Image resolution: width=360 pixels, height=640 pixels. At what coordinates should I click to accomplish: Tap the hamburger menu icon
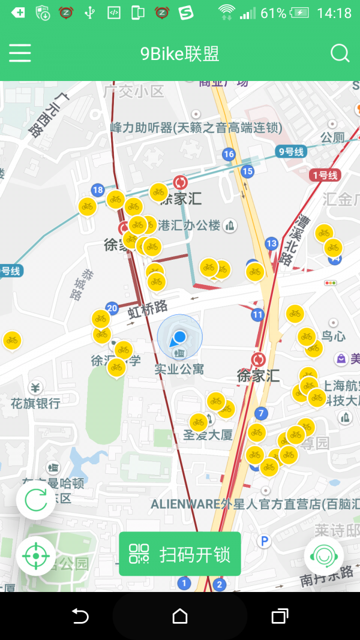pos(20,53)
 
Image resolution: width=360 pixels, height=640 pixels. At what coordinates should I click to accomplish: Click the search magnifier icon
pos(340,53)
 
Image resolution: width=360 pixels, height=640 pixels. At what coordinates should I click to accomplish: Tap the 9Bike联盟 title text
pos(179,53)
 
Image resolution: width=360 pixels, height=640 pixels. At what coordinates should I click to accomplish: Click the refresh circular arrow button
pos(36,500)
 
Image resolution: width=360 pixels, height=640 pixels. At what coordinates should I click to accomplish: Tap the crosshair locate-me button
pos(36,556)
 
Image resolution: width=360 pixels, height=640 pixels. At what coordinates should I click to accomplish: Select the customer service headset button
pos(324,556)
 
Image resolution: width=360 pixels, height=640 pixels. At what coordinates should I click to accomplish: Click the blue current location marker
pos(179,338)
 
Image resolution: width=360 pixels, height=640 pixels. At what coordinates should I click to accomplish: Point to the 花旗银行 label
pos(35,403)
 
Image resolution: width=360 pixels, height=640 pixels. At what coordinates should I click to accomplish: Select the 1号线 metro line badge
pos(325,175)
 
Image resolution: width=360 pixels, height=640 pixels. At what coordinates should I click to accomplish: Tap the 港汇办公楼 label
pos(189,226)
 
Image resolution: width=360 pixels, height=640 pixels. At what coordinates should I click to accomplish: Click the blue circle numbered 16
pos(229,154)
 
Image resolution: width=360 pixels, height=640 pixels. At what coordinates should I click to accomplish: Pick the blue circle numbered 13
pos(272,243)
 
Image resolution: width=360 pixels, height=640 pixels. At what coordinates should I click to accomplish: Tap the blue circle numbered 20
pos(112,308)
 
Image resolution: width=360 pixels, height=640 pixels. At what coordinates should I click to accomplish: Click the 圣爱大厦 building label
pos(208,435)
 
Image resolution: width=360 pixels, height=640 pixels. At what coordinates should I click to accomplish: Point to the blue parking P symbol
pos(264,541)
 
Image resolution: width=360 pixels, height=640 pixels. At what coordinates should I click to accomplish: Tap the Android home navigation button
pos(179,616)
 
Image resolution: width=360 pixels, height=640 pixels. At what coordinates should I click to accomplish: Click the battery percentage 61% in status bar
pos(274,13)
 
